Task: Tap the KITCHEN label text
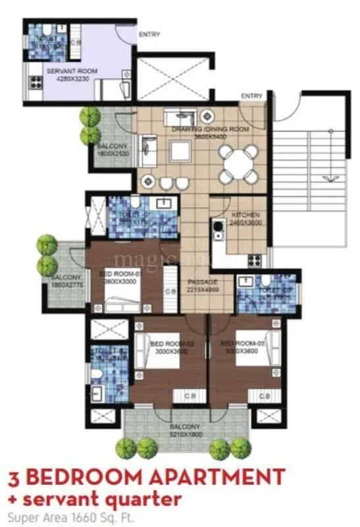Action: (x=245, y=215)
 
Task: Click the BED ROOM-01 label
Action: (x=120, y=273)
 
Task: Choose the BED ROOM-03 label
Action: (x=237, y=344)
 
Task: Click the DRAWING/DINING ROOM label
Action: (x=210, y=130)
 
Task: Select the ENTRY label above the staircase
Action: (x=251, y=96)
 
